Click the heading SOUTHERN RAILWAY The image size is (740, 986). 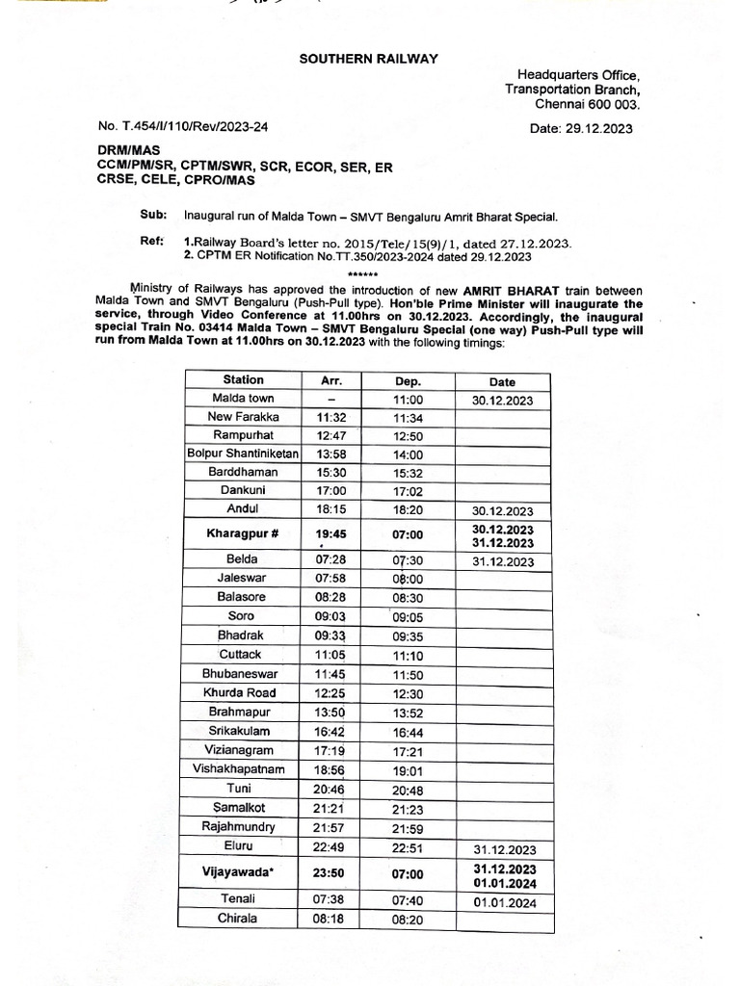coord(368,59)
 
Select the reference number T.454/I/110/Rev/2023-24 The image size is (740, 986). coord(183,126)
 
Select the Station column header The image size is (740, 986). coord(243,379)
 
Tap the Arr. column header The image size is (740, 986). coord(330,380)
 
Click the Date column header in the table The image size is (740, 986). coord(502,381)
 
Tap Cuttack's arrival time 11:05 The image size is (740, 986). coord(330,654)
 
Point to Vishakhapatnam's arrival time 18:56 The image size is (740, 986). coord(330,769)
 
